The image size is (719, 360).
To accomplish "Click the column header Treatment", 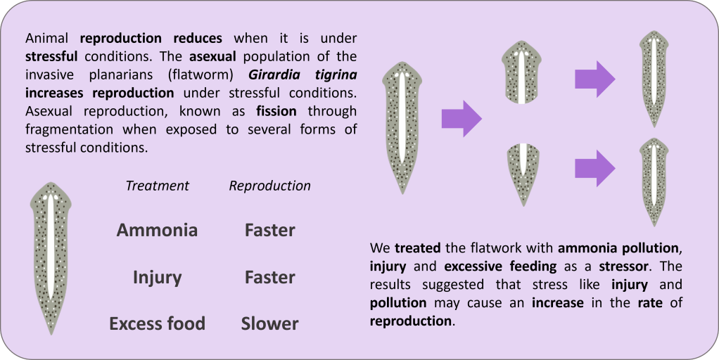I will (x=157, y=186).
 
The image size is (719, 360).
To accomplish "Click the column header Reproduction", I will (x=269, y=186).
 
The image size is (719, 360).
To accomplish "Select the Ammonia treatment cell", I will (x=157, y=230).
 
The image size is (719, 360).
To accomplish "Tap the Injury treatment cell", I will (x=157, y=277).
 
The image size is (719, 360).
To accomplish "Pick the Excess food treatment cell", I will (x=157, y=323).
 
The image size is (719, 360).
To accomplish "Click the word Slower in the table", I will (x=269, y=323).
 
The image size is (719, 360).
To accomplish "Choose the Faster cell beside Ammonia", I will (x=269, y=230).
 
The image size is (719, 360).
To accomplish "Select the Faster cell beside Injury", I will (x=269, y=277).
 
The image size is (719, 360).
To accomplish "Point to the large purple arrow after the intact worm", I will (x=462, y=117).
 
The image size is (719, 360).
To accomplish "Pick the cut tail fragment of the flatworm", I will (x=522, y=172).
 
